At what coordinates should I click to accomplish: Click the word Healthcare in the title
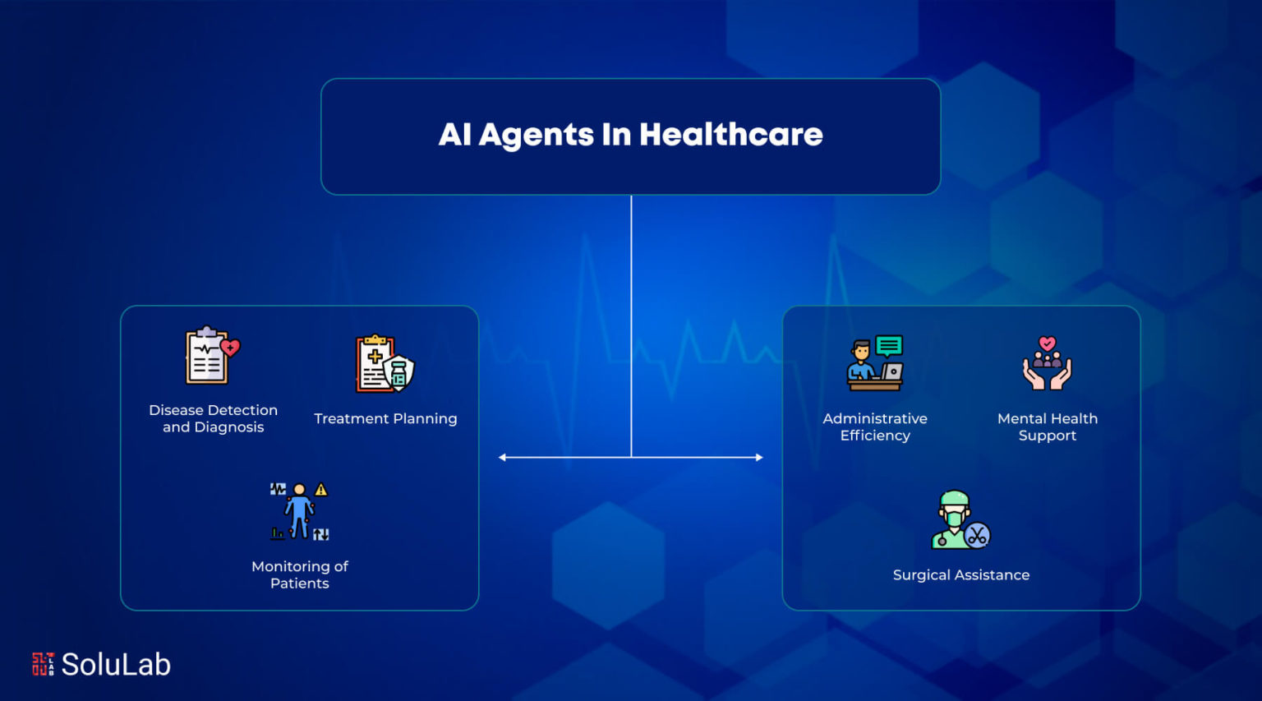click(x=730, y=135)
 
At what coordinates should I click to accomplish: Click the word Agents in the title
click(x=536, y=136)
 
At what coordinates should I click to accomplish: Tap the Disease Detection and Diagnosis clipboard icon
click(x=213, y=355)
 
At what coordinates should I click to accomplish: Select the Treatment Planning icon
click(x=385, y=363)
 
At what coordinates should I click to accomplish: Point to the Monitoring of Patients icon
click(x=299, y=511)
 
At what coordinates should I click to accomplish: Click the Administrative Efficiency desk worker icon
click(x=875, y=363)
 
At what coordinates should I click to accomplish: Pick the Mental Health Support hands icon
click(x=1047, y=363)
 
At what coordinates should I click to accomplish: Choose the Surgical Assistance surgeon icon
click(x=960, y=519)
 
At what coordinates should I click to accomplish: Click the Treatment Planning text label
click(x=385, y=418)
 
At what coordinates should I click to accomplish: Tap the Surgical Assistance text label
click(x=961, y=574)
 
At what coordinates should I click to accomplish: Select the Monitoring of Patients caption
click(x=300, y=574)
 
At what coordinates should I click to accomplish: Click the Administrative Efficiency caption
click(x=875, y=427)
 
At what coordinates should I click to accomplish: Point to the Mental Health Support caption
click(x=1048, y=427)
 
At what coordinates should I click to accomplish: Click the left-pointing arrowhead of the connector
click(x=502, y=457)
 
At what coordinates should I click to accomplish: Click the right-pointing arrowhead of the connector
click(x=759, y=457)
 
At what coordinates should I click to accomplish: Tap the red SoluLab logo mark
click(x=43, y=664)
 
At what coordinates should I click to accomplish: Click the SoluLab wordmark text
click(x=116, y=664)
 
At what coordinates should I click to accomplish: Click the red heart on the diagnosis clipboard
click(x=230, y=347)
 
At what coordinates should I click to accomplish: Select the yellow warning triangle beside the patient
click(x=321, y=489)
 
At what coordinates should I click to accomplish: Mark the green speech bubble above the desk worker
click(x=889, y=346)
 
